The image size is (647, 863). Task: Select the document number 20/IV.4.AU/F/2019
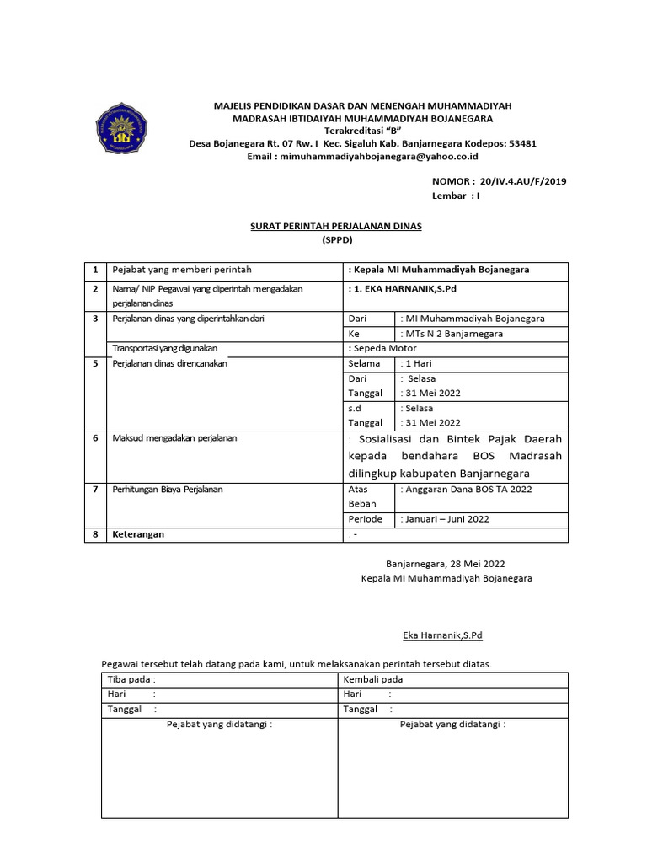coord(521,181)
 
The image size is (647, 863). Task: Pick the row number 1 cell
coord(95,271)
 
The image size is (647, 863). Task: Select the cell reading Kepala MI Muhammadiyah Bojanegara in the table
coord(441,271)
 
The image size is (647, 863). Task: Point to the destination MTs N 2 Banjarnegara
coord(454,334)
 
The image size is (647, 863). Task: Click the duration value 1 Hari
coord(419,363)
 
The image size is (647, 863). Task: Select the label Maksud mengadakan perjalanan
coord(175,438)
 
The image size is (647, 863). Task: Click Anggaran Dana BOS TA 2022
coord(468,489)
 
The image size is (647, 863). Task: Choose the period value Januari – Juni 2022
coord(445,519)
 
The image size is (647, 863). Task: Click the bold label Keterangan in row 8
coord(139,534)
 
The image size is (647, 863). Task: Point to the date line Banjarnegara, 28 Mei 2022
coord(446,564)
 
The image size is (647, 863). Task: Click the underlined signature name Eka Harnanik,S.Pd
coord(441,635)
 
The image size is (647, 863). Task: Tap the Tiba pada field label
coord(131,679)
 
